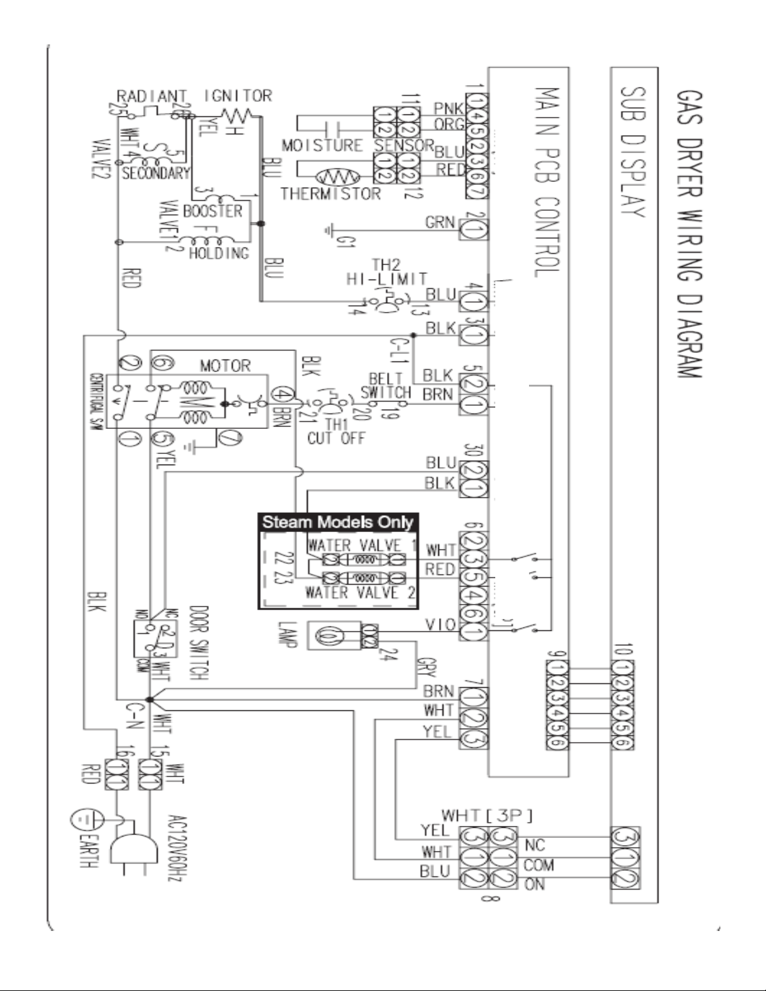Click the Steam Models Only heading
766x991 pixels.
click(338, 522)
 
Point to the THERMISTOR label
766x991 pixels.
click(330, 193)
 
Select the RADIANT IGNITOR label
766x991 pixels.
click(194, 96)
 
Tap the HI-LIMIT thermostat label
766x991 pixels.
click(387, 279)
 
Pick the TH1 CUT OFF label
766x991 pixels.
click(336, 431)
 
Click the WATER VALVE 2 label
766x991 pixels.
click(360, 593)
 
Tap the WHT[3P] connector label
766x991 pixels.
click(487, 815)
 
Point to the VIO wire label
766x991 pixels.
click(440, 625)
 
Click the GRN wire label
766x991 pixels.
click(440, 222)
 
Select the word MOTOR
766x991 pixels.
click(225, 365)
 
